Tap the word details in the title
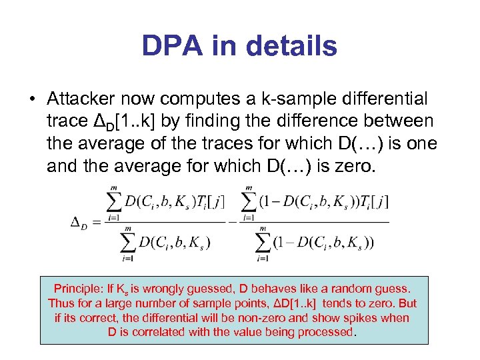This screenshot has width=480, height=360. click(x=292, y=47)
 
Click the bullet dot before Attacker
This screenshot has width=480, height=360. click(x=32, y=99)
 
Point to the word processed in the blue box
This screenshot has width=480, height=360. click(x=327, y=332)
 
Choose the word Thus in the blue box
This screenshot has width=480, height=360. click(x=60, y=303)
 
